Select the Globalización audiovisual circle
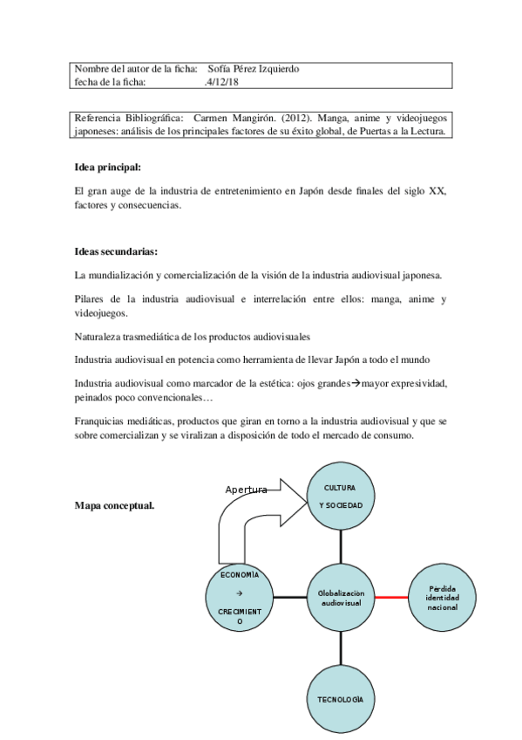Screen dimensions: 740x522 pos(341,598)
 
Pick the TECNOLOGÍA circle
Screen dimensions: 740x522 pos(341,700)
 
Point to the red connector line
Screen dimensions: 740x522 pos(391,598)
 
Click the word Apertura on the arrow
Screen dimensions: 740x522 pos(246,490)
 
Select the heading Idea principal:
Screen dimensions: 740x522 pos(107,167)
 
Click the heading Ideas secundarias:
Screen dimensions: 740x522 pos(116,252)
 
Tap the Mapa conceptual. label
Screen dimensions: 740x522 pos(114,504)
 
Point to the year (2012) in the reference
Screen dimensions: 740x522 pos(298,118)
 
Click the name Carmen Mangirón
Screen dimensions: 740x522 pos(230,118)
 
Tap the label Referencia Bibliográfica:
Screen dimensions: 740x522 pos(129,118)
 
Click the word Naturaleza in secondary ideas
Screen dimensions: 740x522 pos(101,336)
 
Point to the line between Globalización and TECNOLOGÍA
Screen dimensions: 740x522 pos(341,649)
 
